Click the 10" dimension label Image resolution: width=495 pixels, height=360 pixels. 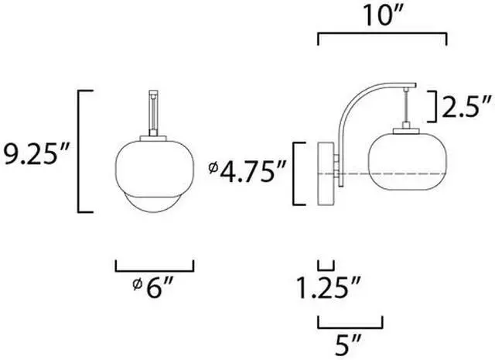[x=384, y=15]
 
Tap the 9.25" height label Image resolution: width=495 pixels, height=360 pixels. [x=36, y=154]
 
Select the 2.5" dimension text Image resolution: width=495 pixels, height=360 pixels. [x=467, y=107]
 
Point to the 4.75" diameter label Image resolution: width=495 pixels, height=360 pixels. [x=247, y=171]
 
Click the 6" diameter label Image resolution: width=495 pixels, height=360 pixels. [x=153, y=286]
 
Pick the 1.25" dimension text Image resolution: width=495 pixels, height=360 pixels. [x=328, y=287]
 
